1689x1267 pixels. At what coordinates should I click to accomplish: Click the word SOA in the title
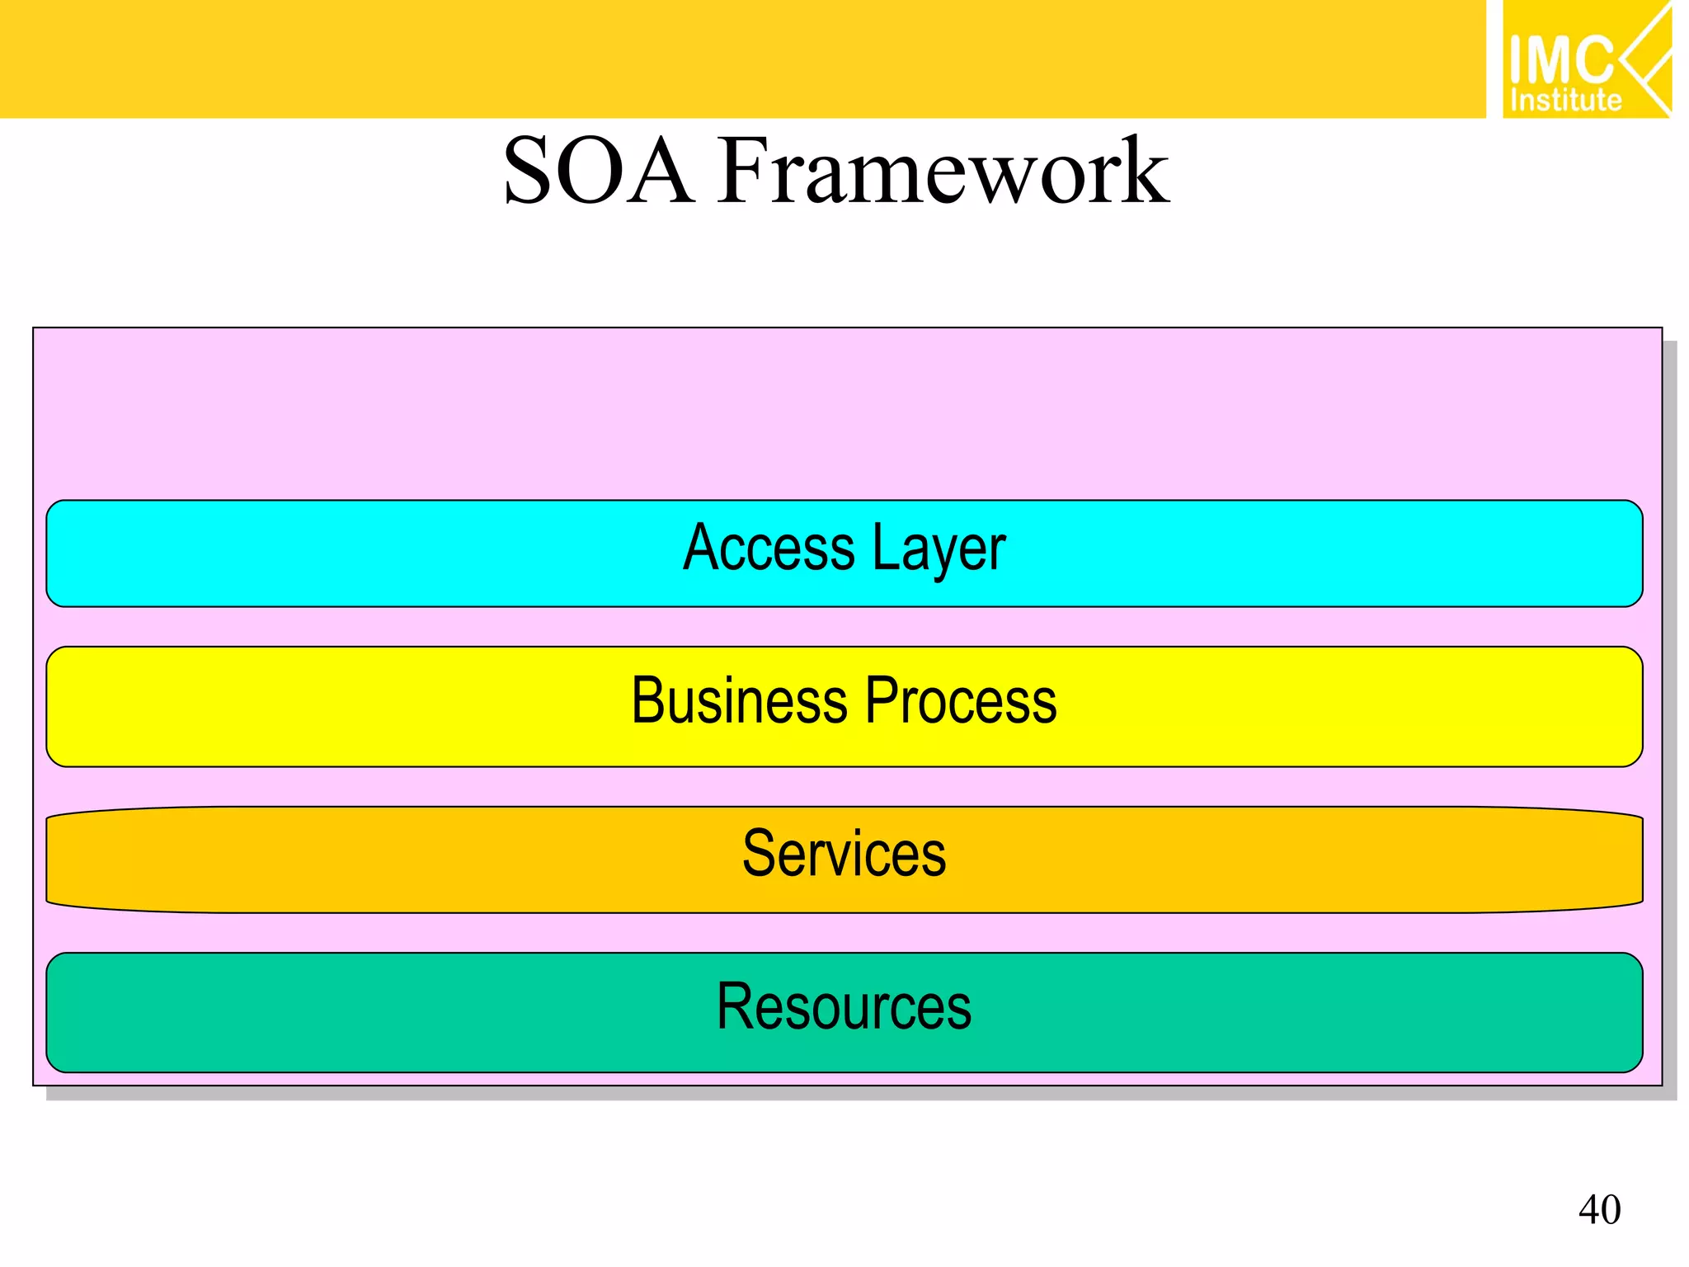point(599,171)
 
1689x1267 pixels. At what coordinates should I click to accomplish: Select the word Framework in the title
point(943,171)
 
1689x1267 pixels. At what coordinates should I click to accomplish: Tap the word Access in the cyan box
point(769,548)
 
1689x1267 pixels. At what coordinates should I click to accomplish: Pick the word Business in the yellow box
point(739,700)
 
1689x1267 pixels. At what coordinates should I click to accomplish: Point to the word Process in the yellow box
point(962,700)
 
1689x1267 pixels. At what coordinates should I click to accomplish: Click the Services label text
point(844,853)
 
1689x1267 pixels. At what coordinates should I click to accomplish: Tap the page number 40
point(1599,1210)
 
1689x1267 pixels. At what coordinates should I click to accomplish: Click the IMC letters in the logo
point(1560,59)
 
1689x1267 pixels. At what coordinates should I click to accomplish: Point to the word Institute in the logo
point(1565,101)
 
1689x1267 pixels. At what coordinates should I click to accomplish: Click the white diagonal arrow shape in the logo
point(1646,59)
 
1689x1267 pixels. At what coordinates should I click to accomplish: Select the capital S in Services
point(759,853)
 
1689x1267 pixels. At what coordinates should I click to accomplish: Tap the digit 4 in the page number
point(1589,1210)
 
